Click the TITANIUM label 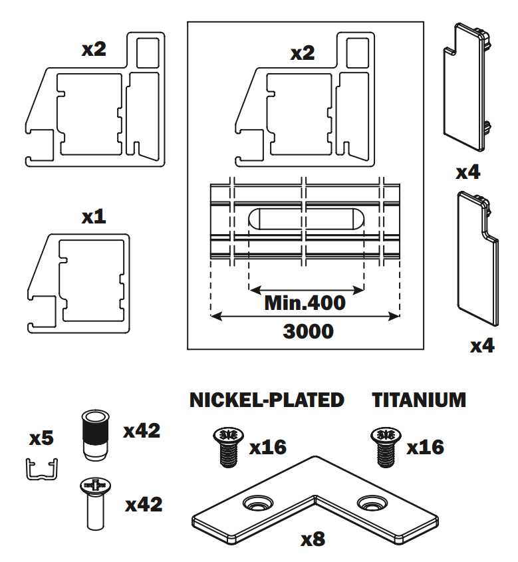pos(418,400)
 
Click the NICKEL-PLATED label pos(267,400)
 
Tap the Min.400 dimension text pos(305,303)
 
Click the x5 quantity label pos(41,439)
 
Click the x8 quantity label pos(313,539)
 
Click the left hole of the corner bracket pos(256,503)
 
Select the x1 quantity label pos(94,217)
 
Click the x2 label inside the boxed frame pos(303,53)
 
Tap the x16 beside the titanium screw pos(426,446)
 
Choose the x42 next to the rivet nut pos(142,431)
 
